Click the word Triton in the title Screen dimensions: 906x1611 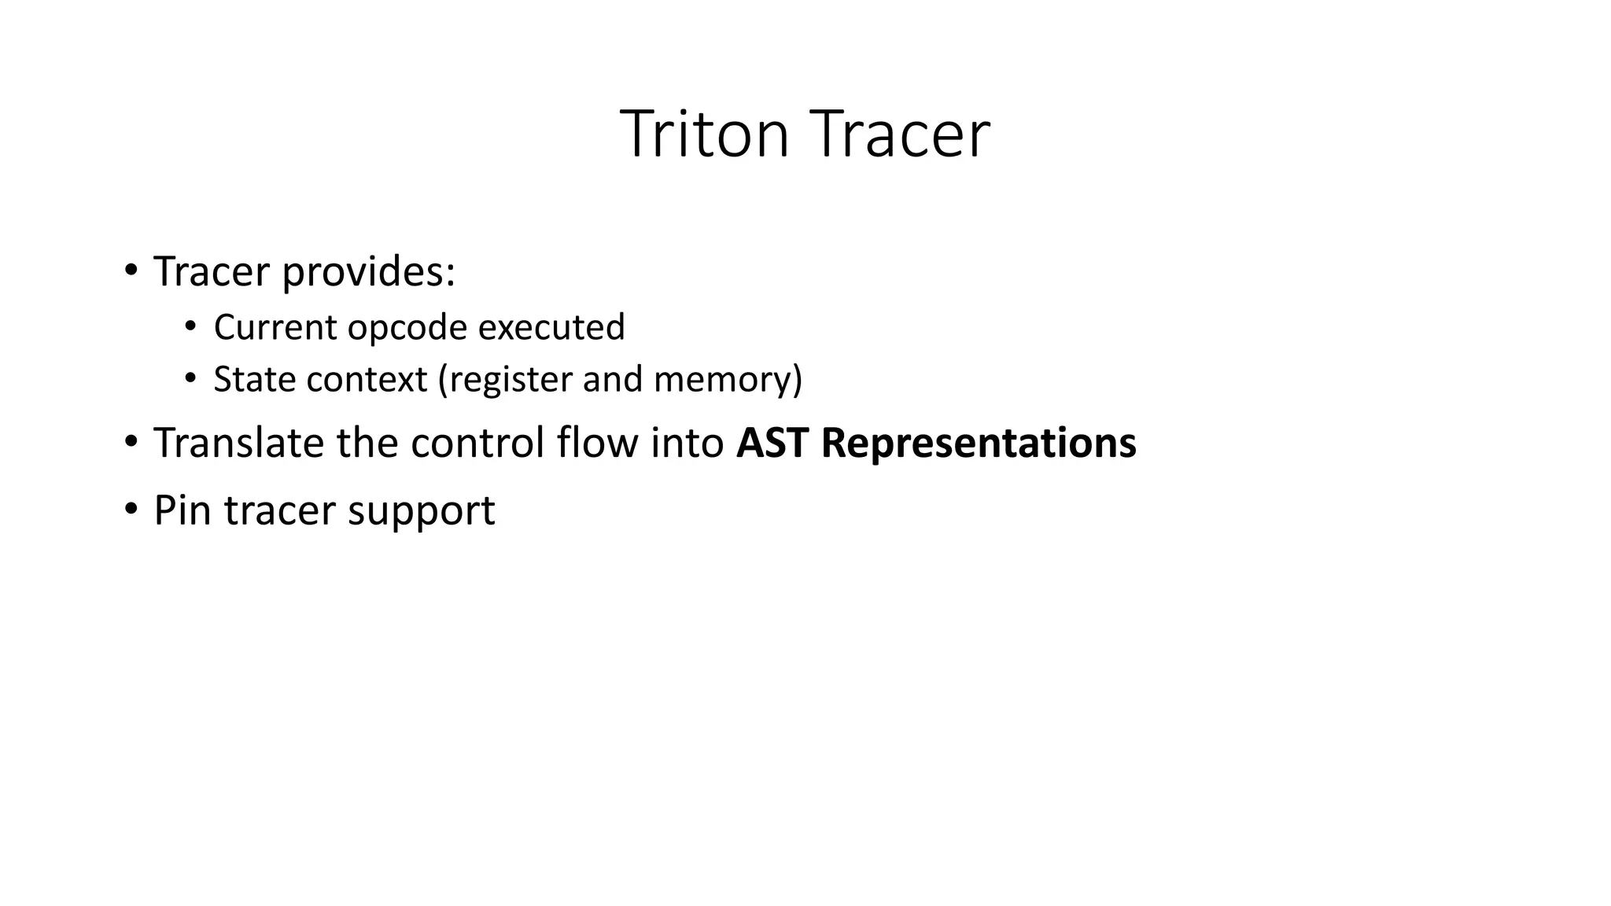(x=703, y=135)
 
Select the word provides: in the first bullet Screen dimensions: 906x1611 (x=368, y=273)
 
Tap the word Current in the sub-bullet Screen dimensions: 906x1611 (x=275, y=328)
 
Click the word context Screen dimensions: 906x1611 (x=367, y=380)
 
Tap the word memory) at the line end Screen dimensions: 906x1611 (x=728, y=380)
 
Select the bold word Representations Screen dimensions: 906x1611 (x=979, y=444)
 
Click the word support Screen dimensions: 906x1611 (x=422, y=511)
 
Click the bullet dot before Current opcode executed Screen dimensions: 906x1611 (x=190, y=326)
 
